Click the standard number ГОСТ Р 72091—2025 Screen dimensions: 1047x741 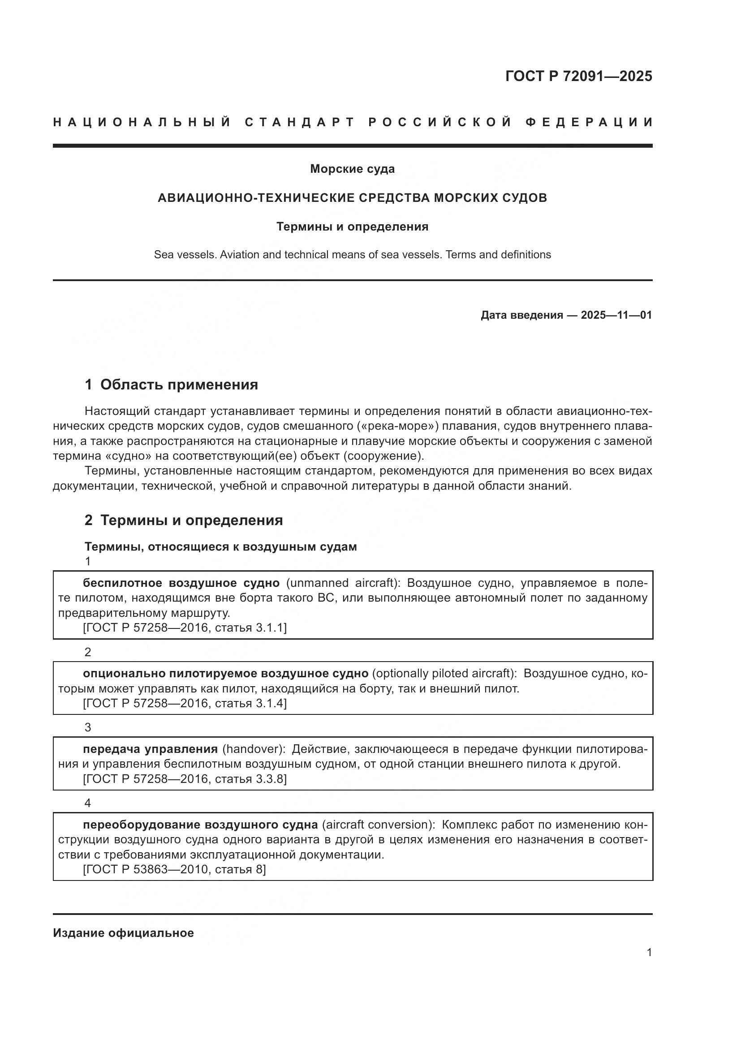point(578,76)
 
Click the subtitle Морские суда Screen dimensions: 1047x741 point(352,169)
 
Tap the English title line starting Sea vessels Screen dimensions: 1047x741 point(352,255)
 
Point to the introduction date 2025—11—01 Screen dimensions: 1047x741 point(616,315)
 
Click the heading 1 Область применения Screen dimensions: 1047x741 point(171,385)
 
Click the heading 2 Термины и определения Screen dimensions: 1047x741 point(183,520)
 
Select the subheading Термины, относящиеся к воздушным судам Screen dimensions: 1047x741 point(220,547)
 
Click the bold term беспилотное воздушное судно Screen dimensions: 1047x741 point(181,583)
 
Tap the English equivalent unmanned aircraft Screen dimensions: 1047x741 point(343,583)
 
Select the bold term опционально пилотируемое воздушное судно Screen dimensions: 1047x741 point(225,674)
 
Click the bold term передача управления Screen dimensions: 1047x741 point(150,749)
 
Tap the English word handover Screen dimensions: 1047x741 point(252,749)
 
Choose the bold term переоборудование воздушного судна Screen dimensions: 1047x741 point(200,825)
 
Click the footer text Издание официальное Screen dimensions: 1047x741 point(123,933)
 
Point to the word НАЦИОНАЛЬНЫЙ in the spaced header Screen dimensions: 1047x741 point(142,123)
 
